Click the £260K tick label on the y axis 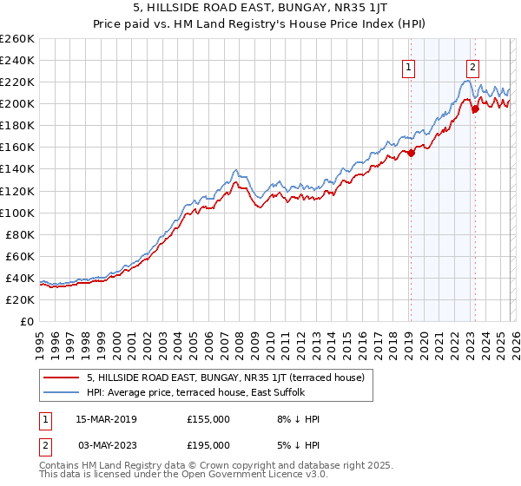coord(16,39)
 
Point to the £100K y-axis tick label coord(16,213)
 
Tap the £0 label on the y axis coord(28,321)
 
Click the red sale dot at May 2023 coord(475,109)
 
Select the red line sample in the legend coord(62,378)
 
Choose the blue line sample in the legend coord(62,392)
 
